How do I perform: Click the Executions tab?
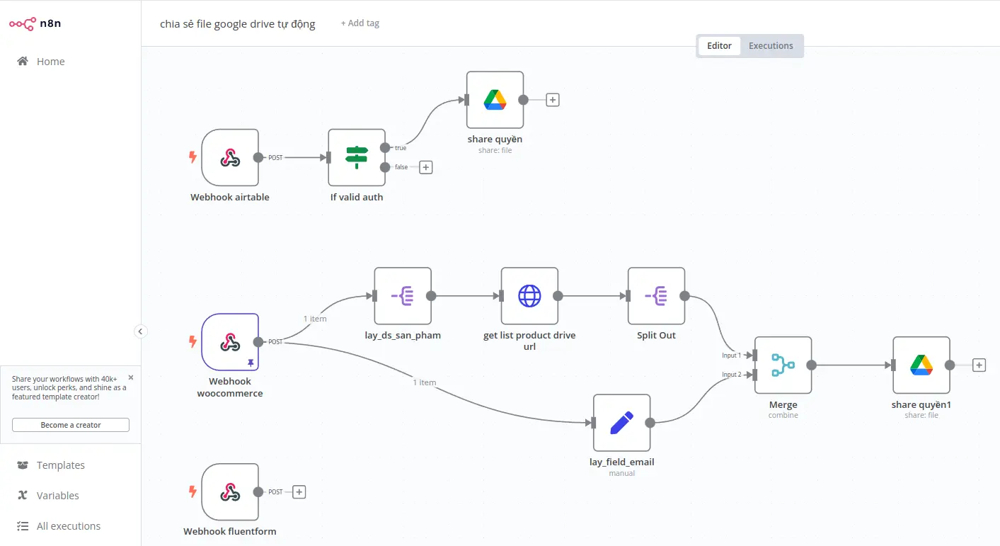point(771,45)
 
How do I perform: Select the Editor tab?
point(719,45)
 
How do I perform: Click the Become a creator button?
point(71,425)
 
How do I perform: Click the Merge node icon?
point(783,365)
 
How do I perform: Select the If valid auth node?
point(357,157)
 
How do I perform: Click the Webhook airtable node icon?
point(230,157)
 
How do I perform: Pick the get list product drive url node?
point(529,296)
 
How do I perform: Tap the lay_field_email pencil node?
point(622,423)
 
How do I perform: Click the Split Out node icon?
point(656,296)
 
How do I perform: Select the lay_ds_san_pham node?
point(403,296)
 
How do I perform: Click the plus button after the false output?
point(426,167)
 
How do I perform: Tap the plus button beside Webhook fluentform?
point(299,492)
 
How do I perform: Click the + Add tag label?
point(360,23)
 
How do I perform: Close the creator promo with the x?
point(131,377)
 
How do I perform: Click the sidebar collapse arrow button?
point(140,331)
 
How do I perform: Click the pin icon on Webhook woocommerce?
point(251,363)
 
